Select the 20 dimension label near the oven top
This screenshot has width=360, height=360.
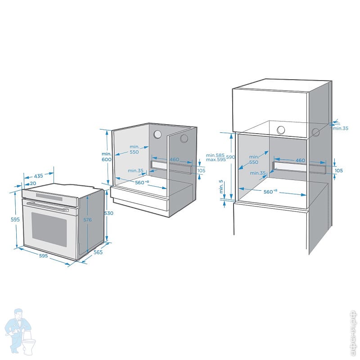(x=33, y=184)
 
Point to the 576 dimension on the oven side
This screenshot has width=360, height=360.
(x=88, y=220)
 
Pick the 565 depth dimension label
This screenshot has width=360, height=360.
(x=98, y=252)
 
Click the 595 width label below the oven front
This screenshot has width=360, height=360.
(x=43, y=256)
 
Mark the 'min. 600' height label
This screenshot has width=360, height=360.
(x=106, y=157)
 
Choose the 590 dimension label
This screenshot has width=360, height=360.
(x=230, y=157)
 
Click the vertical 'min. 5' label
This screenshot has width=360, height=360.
(x=221, y=187)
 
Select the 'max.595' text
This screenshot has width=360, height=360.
(x=215, y=160)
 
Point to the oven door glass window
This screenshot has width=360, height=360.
(x=49, y=229)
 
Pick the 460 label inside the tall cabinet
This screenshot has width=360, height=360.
(x=300, y=160)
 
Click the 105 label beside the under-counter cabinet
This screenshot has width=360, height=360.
(x=201, y=171)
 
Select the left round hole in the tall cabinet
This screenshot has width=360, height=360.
(x=281, y=130)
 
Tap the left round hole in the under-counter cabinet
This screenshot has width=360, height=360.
(x=158, y=134)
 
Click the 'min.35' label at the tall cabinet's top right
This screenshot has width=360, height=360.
(x=340, y=128)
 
